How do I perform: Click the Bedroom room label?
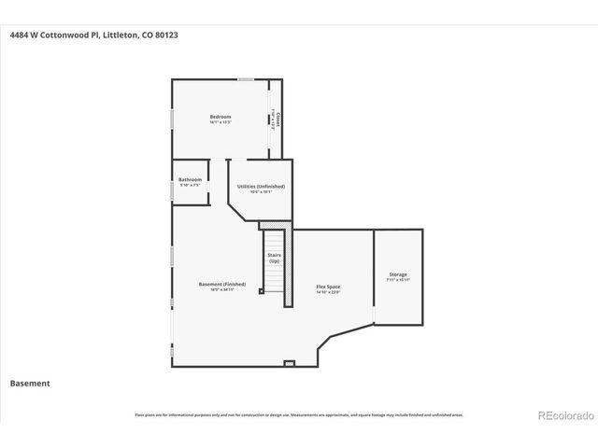pos(220,116)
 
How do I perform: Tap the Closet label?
pos(278,120)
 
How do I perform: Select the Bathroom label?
pos(190,179)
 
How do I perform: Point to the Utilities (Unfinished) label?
pos(261,186)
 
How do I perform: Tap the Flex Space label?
pos(327,287)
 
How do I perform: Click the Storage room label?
pos(397,274)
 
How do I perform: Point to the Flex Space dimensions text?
pos(327,292)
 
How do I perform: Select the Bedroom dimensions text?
pos(220,122)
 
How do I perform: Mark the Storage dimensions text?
pos(397,280)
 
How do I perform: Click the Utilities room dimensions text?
pos(261,192)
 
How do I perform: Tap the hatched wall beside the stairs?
pos(289,261)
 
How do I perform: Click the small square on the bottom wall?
pos(289,362)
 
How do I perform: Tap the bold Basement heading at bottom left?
pos(29,383)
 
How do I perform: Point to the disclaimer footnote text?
pos(298,414)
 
